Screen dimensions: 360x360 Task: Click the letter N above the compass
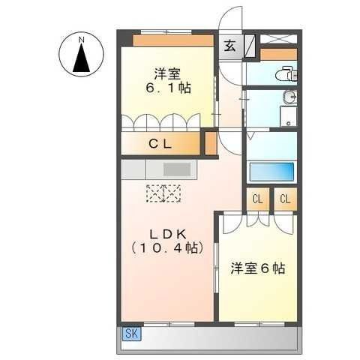81,40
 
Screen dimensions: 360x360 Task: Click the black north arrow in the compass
81,58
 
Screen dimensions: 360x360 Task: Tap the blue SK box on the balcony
132,334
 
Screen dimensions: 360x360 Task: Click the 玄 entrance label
229,46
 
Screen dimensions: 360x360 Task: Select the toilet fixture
286,73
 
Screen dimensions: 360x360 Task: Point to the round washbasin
290,97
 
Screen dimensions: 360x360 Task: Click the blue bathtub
271,172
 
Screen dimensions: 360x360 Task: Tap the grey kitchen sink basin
177,169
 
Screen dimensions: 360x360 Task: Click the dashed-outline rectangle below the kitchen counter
163,193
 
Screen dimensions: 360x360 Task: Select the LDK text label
168,235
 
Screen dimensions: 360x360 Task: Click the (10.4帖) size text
167,248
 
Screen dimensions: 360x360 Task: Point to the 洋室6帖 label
258,268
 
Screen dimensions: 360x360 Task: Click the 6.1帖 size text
168,88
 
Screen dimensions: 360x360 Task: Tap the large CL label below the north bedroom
160,144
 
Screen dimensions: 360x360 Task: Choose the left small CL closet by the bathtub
258,199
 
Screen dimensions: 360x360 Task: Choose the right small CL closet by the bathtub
285,199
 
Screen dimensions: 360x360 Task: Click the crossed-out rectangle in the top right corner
279,39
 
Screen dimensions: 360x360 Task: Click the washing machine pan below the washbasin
288,116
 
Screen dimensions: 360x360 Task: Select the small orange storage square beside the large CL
211,143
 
